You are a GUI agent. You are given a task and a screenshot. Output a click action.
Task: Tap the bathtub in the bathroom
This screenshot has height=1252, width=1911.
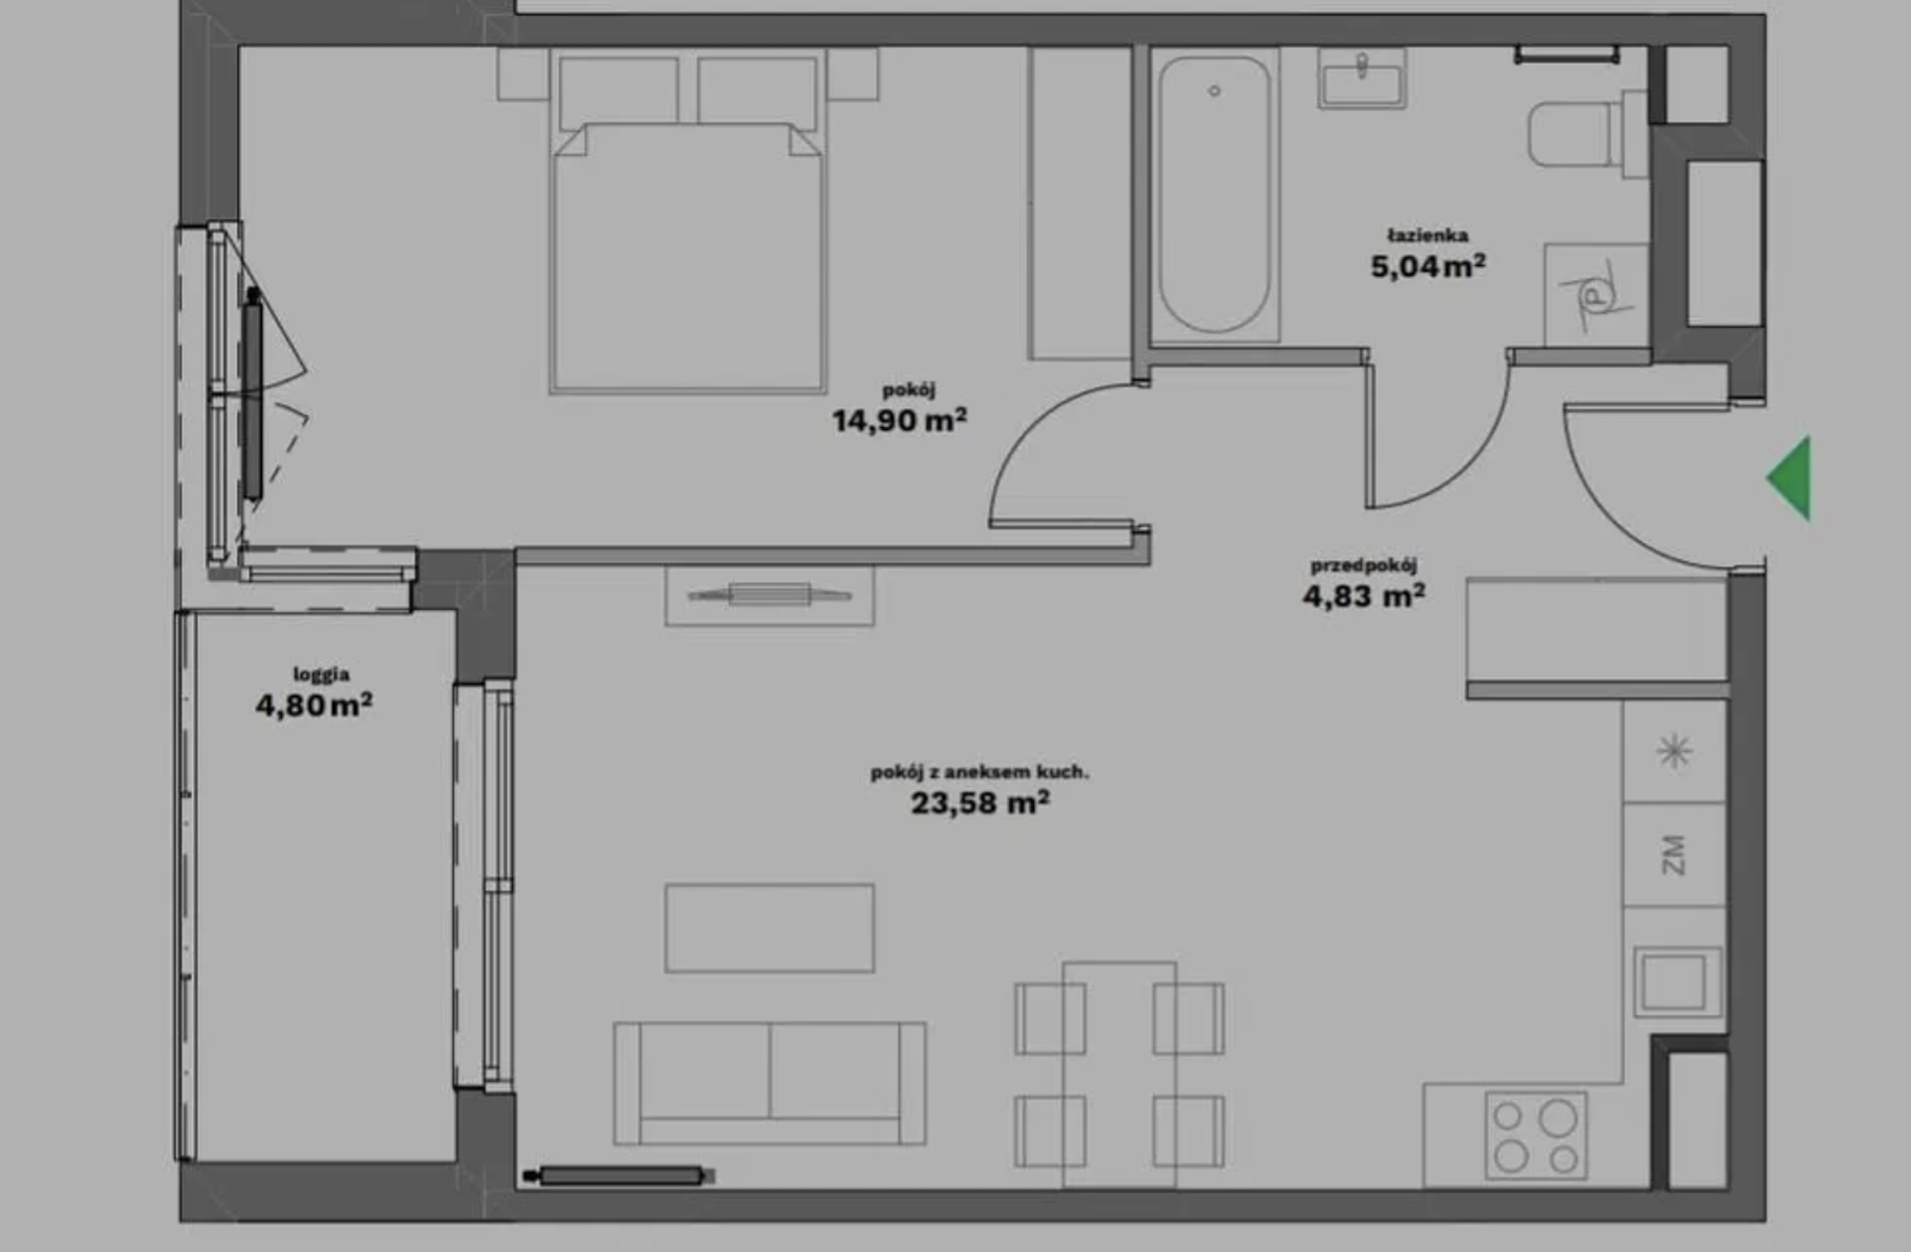(1214, 195)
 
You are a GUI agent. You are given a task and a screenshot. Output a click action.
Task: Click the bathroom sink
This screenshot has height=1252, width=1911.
(1362, 77)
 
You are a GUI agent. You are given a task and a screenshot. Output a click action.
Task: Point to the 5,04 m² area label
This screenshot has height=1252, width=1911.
(1428, 266)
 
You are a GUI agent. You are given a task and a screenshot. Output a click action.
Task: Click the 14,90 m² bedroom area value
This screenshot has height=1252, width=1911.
(899, 420)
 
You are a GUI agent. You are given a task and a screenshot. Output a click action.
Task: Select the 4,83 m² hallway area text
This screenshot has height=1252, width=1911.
(1364, 595)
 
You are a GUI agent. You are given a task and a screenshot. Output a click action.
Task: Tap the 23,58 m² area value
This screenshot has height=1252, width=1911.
(980, 802)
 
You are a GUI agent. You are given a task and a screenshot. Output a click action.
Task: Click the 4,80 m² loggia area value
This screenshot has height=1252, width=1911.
(313, 704)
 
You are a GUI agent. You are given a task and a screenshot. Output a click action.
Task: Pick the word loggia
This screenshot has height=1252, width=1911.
(321, 674)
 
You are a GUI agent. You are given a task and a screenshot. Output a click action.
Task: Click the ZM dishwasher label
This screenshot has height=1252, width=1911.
(1673, 854)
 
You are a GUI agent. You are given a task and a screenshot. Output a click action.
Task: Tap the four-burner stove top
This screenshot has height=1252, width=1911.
(1535, 1136)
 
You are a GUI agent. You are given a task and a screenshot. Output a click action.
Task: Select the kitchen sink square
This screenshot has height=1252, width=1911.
(1677, 982)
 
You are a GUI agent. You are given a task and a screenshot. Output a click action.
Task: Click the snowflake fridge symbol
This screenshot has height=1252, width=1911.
(1674, 750)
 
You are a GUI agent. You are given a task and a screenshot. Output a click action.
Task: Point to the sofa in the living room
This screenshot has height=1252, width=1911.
(769, 1083)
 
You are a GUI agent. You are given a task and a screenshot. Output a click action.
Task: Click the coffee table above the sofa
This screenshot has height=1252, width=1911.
(769, 928)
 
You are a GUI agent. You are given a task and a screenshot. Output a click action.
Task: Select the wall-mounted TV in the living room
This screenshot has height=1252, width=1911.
(769, 595)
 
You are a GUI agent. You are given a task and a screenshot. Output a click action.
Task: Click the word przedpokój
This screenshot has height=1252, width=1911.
(1363, 565)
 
